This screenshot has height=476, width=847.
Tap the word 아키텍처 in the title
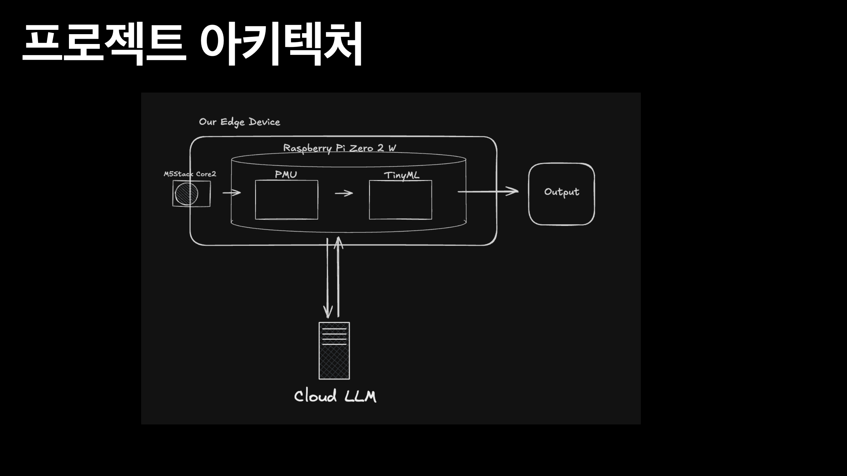[x=281, y=43]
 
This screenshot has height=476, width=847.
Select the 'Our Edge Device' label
[x=239, y=122]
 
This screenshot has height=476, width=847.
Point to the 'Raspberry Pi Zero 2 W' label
[x=339, y=148]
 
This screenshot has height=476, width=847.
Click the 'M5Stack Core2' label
[x=190, y=174]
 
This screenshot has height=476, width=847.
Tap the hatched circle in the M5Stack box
[x=186, y=194]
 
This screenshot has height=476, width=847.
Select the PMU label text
[x=286, y=174]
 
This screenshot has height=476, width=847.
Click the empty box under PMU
[x=286, y=200]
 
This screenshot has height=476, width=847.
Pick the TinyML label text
[x=402, y=175]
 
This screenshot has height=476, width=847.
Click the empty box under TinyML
[x=400, y=200]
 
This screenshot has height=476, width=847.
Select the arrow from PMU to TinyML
[x=344, y=193]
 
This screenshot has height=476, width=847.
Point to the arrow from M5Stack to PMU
[x=231, y=193]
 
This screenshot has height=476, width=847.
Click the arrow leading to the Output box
[x=488, y=191]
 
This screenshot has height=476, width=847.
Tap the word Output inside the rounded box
[x=562, y=192]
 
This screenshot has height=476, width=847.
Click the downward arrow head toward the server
[x=328, y=312]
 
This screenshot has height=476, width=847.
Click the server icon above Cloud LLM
[x=334, y=351]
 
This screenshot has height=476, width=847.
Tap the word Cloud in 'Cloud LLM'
[x=315, y=396]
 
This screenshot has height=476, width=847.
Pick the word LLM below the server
[x=360, y=397]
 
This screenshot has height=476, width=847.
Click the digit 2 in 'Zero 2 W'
[x=380, y=148]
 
